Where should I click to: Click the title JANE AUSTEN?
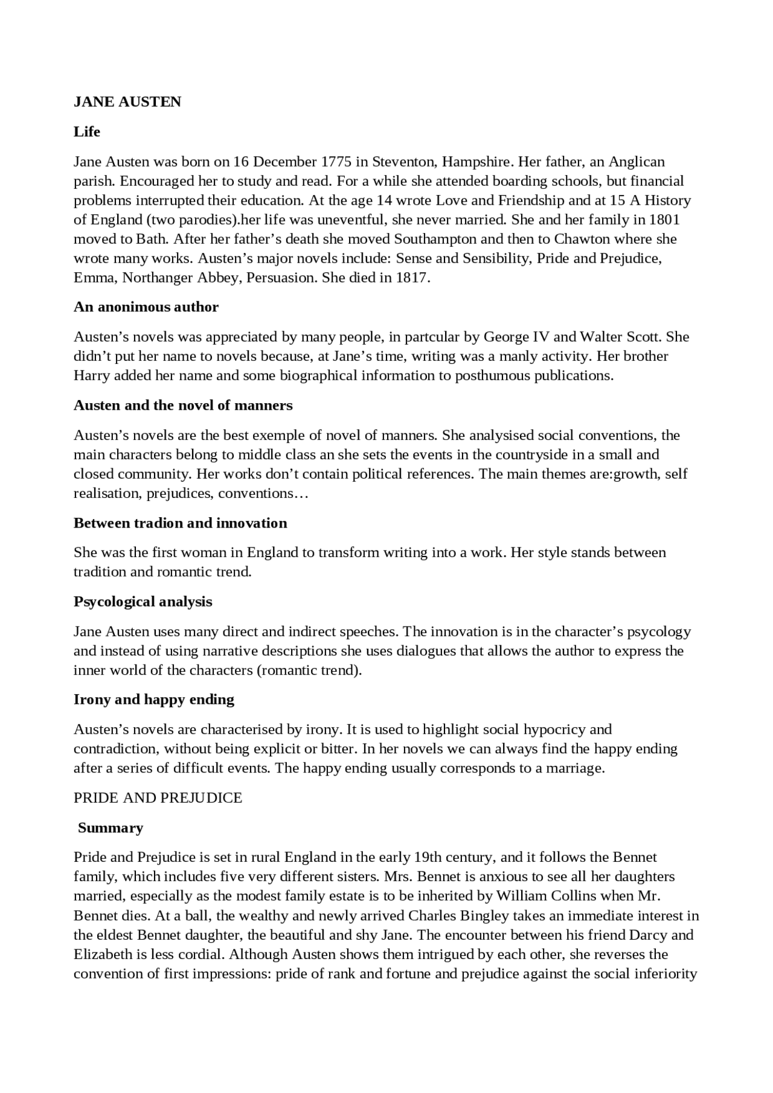pos(127,102)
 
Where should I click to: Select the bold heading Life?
pos(86,132)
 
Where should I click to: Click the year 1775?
pos(336,162)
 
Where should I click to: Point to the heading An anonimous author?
pos(146,307)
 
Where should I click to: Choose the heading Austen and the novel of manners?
pos(183,406)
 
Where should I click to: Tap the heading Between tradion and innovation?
pos(180,523)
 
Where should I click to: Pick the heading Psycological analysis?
pos(143,602)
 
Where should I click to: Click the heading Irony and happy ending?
pos(153,699)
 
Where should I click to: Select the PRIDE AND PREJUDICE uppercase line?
pos(158,798)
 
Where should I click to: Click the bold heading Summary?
pos(111,827)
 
